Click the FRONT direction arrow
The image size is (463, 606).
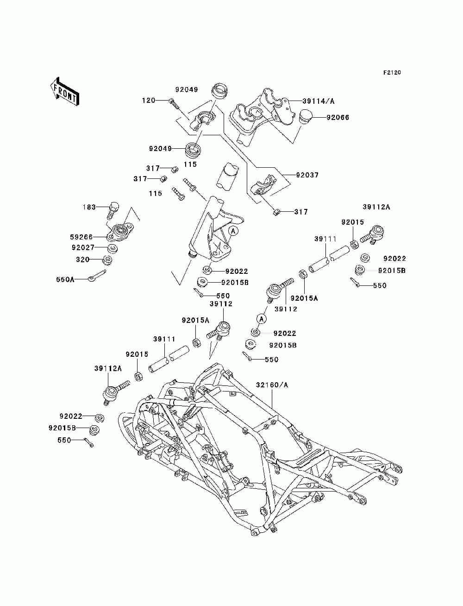point(65,91)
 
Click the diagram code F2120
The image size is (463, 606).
point(392,73)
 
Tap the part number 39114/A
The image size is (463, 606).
point(318,101)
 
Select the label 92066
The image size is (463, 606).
point(338,117)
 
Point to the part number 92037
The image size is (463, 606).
point(307,175)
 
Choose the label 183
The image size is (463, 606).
point(89,207)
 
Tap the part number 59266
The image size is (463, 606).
point(81,237)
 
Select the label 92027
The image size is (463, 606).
point(83,247)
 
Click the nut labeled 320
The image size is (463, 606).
point(107,260)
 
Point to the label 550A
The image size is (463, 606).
point(65,279)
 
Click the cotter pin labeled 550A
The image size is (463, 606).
point(97,276)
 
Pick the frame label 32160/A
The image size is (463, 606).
point(272,385)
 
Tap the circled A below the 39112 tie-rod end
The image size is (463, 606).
point(262,319)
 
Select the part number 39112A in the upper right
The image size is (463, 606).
point(376,207)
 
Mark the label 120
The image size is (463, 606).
point(149,101)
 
